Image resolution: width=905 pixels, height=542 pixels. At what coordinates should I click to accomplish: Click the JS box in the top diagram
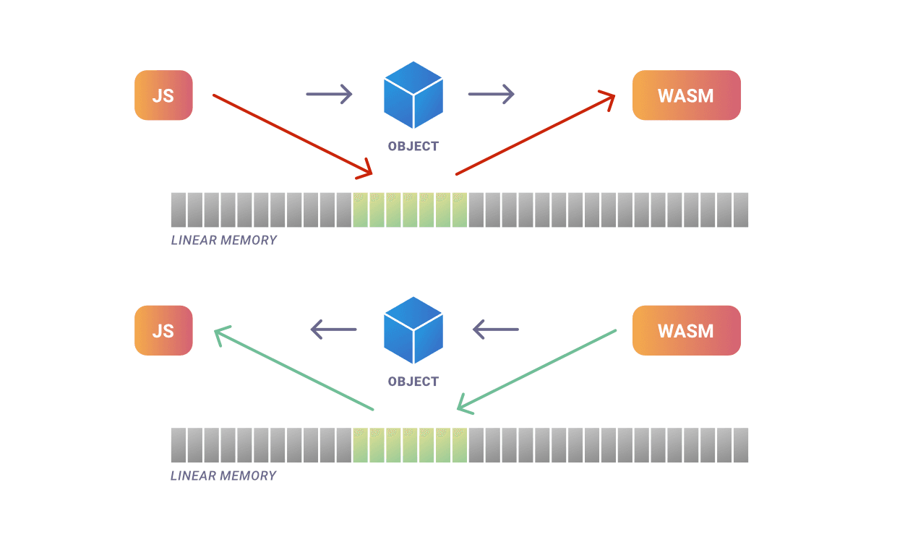pyautogui.click(x=163, y=95)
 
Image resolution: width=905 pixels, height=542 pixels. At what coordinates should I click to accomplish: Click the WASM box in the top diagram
pyautogui.click(x=686, y=95)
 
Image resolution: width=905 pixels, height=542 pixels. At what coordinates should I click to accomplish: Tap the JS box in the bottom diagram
pyautogui.click(x=163, y=330)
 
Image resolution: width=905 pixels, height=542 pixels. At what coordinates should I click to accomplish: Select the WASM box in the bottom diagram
pyautogui.click(x=686, y=330)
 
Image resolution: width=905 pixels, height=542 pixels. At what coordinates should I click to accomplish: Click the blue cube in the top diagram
pyautogui.click(x=413, y=94)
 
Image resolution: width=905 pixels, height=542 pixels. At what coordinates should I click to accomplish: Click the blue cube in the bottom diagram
pyautogui.click(x=413, y=330)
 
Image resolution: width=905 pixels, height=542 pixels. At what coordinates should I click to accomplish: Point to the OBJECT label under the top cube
pyautogui.click(x=413, y=146)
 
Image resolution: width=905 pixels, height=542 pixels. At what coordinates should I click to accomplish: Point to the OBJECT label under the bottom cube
pyautogui.click(x=413, y=382)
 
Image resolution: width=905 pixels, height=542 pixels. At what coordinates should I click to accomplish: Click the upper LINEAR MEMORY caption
pyautogui.click(x=224, y=240)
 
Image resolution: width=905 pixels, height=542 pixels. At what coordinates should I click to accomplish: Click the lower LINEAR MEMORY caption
pyautogui.click(x=224, y=476)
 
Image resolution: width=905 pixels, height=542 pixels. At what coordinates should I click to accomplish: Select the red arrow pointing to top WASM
pyautogui.click(x=535, y=134)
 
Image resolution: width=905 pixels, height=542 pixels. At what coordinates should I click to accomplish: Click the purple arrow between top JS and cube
pyautogui.click(x=329, y=94)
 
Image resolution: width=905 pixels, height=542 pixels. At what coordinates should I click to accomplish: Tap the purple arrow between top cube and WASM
pyautogui.click(x=491, y=94)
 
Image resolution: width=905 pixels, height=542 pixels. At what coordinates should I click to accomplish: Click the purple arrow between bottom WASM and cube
pyautogui.click(x=496, y=330)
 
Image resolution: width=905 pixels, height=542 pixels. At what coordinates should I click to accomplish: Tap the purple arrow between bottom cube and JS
pyautogui.click(x=334, y=330)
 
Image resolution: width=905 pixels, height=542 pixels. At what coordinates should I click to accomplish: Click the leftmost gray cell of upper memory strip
pyautogui.click(x=179, y=210)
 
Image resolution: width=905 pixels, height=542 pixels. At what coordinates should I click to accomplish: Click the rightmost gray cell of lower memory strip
pyautogui.click(x=740, y=445)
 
